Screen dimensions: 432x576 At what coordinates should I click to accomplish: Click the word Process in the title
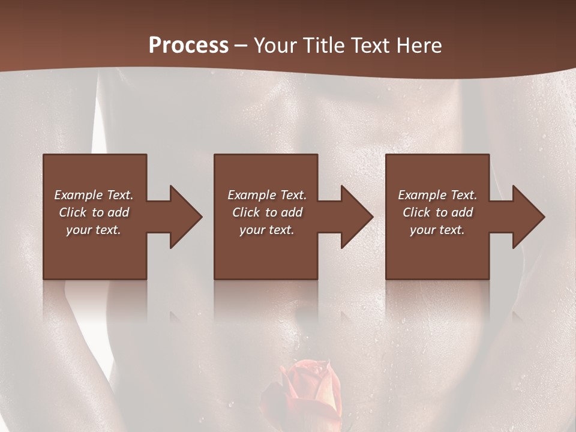[x=188, y=46]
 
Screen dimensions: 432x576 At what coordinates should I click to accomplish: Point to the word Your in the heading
[x=275, y=46]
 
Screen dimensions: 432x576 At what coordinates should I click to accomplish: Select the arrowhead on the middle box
[x=356, y=217]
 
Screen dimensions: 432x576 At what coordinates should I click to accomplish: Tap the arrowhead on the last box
[x=528, y=217]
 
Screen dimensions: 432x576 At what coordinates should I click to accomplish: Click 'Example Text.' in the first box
[x=94, y=195]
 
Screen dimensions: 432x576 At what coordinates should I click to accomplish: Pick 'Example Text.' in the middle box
[x=267, y=195]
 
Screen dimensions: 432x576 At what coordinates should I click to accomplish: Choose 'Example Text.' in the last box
[x=437, y=195]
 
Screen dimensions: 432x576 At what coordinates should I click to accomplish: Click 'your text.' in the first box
[x=94, y=230]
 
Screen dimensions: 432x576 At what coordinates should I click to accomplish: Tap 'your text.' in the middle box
[x=267, y=230]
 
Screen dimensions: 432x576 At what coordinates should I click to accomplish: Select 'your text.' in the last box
[x=437, y=230]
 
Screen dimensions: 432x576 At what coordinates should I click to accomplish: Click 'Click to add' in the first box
[x=94, y=212]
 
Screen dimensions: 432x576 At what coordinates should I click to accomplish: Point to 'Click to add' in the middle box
[x=267, y=212]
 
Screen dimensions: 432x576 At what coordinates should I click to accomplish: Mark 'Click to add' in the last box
[x=437, y=212]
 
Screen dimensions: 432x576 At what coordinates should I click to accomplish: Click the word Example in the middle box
[x=251, y=195]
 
